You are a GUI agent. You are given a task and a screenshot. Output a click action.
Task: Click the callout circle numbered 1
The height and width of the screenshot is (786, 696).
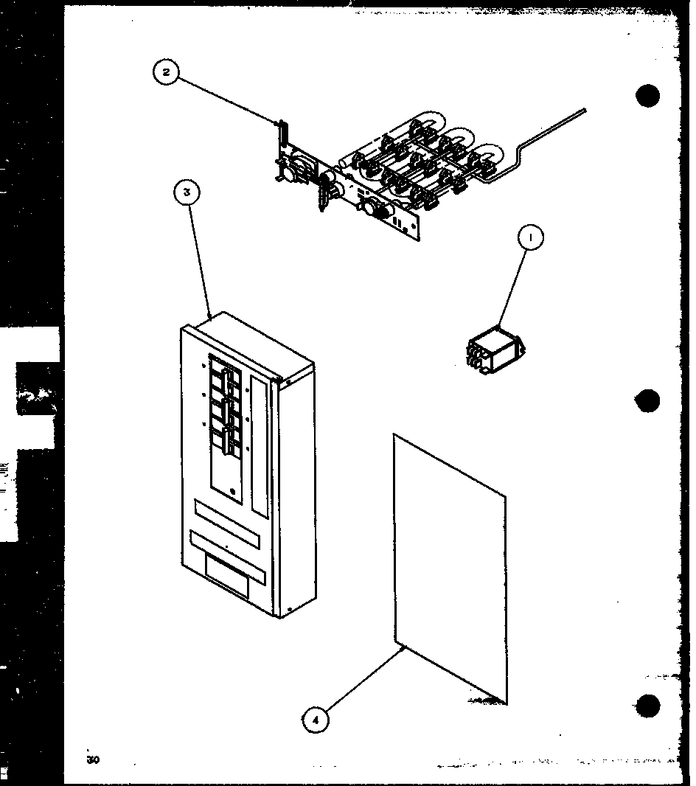pyautogui.click(x=530, y=237)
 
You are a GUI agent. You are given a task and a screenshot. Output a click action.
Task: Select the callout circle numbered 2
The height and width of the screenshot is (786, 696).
pyautogui.click(x=166, y=72)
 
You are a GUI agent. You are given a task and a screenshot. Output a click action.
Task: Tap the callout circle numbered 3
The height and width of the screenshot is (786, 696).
pyautogui.click(x=187, y=192)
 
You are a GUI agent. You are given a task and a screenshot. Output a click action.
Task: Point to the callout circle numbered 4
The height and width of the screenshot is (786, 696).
pyautogui.click(x=315, y=720)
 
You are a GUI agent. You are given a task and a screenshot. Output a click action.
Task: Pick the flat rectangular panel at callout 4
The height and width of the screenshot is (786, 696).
pyautogui.click(x=450, y=568)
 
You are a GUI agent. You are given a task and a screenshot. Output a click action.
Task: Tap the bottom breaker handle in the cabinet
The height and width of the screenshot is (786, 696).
pyautogui.click(x=223, y=439)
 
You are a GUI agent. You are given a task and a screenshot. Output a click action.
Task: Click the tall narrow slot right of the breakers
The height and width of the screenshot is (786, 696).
pyautogui.click(x=259, y=446)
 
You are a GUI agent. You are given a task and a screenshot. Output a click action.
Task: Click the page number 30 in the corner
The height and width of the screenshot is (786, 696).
pyautogui.click(x=92, y=759)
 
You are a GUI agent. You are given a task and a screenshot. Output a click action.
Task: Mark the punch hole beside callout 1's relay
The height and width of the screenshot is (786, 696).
pyautogui.click(x=648, y=402)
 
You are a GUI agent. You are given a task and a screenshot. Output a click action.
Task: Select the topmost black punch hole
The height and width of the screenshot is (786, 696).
pyautogui.click(x=647, y=97)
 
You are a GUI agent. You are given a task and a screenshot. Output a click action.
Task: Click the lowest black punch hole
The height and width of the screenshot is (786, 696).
pyautogui.click(x=648, y=705)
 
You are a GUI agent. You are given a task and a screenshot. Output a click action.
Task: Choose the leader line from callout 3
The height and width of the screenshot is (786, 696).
pyautogui.click(x=199, y=258)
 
